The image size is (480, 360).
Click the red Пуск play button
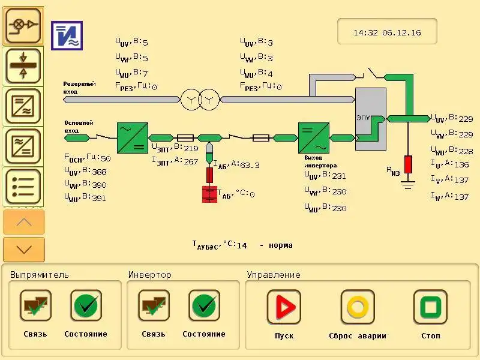click(x=284, y=307)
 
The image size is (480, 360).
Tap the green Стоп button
click(x=430, y=307)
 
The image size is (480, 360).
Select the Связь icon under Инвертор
click(x=154, y=306)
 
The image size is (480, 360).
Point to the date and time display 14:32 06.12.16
click(x=387, y=32)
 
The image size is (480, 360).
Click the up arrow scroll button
click(x=24, y=222)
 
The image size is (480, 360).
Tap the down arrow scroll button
click(x=24, y=249)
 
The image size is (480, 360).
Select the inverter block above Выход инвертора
click(x=314, y=138)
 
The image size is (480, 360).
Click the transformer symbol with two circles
click(x=200, y=99)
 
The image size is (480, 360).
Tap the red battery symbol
click(x=209, y=194)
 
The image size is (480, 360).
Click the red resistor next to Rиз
click(x=408, y=164)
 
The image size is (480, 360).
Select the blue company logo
click(x=67, y=36)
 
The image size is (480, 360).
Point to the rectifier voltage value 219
click(x=191, y=148)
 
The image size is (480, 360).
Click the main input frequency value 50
click(x=106, y=158)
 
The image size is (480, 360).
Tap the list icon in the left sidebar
click(x=23, y=187)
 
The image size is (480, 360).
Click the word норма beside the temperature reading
click(x=281, y=245)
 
